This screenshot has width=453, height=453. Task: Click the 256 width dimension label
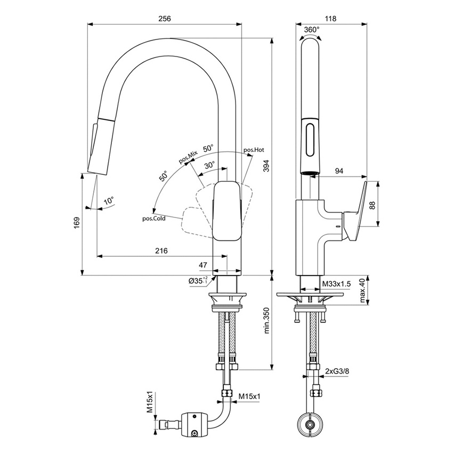(x=164, y=19)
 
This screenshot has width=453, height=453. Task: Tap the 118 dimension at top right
(x=331, y=19)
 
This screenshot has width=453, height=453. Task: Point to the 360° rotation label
(x=312, y=30)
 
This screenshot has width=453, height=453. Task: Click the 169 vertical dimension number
(x=76, y=224)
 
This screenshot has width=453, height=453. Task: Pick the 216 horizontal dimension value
(x=161, y=250)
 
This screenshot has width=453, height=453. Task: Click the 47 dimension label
(x=203, y=264)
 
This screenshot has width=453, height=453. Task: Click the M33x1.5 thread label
(x=336, y=285)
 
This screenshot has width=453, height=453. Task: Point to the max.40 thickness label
(x=362, y=290)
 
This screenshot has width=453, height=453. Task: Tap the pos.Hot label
(x=254, y=150)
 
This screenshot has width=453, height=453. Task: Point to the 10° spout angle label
(x=109, y=201)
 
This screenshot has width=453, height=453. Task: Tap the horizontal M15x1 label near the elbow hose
(x=248, y=396)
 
